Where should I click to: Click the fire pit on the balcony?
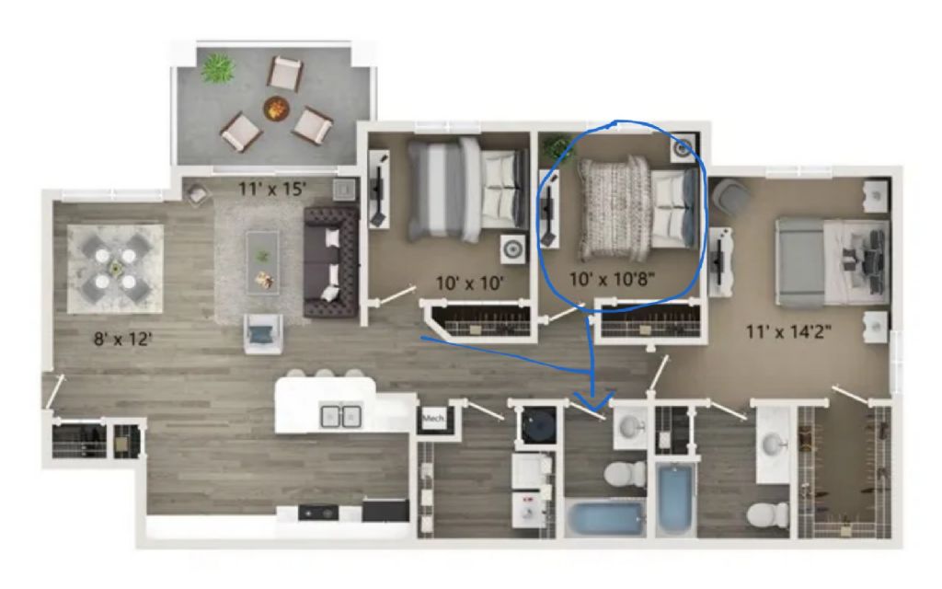(x=276, y=109)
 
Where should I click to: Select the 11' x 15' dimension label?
(x=272, y=190)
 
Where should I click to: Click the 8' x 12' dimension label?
(x=122, y=340)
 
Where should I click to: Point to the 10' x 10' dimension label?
(x=469, y=283)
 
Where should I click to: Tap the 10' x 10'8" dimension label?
(x=612, y=279)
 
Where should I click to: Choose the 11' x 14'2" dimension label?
(x=788, y=331)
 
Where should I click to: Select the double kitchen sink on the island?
(x=341, y=416)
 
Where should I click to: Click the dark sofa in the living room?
(x=331, y=262)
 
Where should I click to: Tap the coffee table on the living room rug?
(x=262, y=262)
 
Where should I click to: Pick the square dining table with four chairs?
(x=115, y=269)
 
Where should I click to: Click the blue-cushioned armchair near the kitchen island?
(x=263, y=333)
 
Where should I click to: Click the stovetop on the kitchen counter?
(x=317, y=513)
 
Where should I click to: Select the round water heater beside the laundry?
(x=538, y=425)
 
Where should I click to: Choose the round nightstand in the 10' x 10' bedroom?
(x=512, y=248)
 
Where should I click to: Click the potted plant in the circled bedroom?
(x=558, y=147)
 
